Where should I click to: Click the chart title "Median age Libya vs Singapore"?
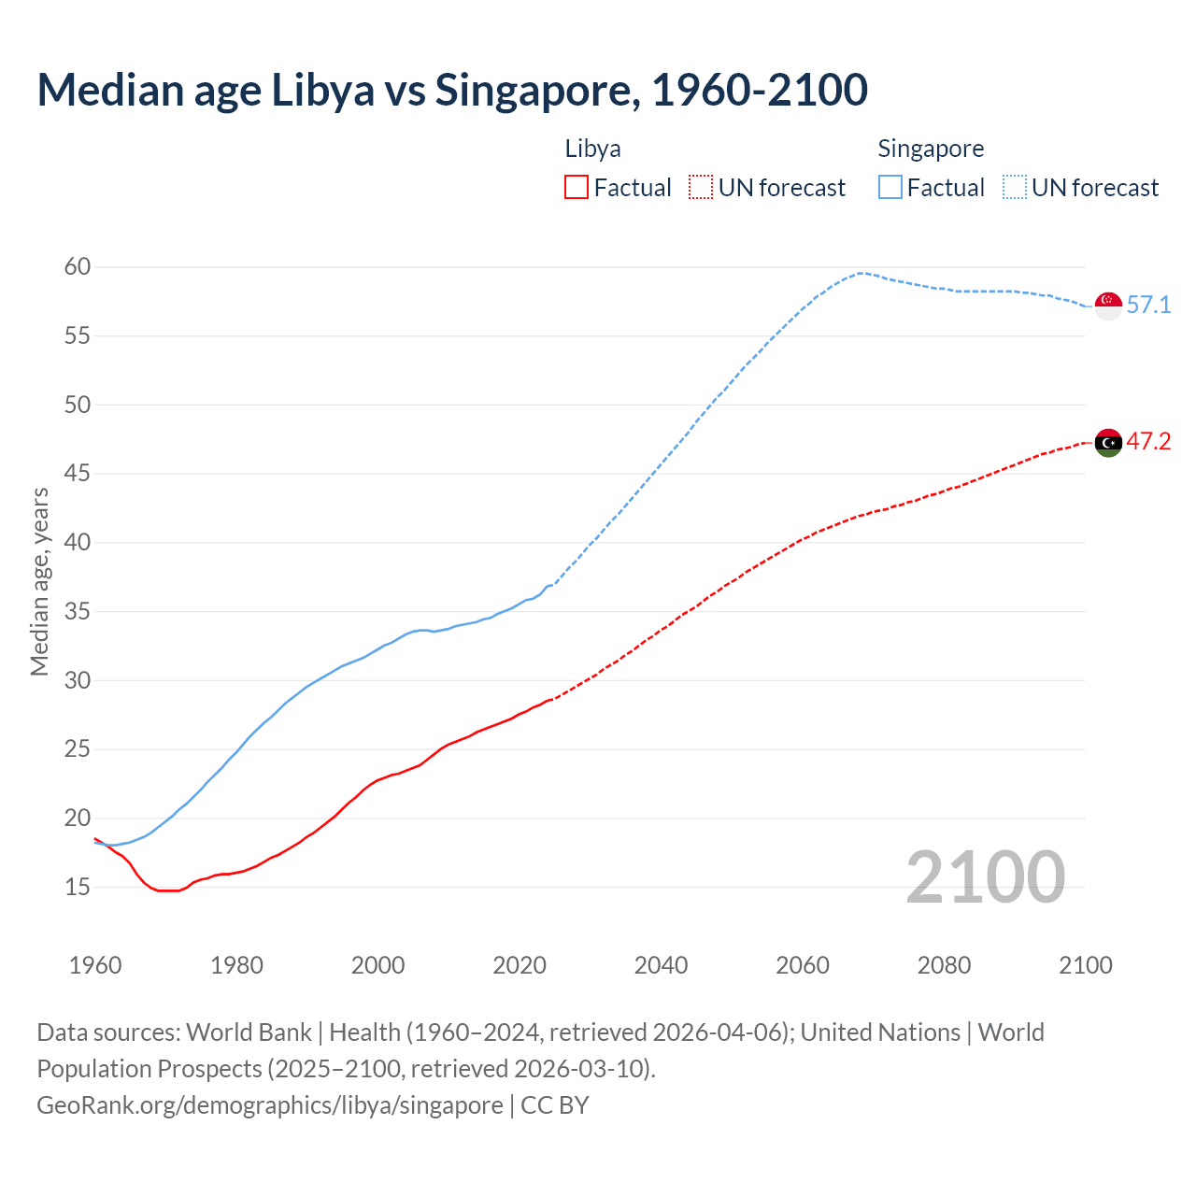[452, 90]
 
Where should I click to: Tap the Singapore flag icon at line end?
[1108, 306]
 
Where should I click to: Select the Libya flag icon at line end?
[1108, 442]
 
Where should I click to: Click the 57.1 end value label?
[1148, 306]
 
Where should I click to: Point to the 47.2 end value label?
[1148, 442]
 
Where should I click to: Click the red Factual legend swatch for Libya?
[577, 188]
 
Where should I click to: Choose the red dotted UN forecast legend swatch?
[701, 188]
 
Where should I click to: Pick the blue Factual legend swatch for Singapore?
[890, 188]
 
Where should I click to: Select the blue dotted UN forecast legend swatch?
[1015, 188]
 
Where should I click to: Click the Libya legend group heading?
[592, 149]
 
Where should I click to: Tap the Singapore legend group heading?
[931, 149]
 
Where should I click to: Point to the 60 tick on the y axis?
[78, 267]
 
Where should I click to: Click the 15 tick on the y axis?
[78, 887]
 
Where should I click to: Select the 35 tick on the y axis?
[78, 612]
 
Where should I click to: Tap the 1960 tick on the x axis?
[95, 965]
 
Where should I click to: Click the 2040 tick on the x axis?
[661, 965]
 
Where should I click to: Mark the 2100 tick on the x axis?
[1086, 965]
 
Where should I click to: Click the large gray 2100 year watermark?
[986, 876]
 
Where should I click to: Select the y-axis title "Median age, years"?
[39, 581]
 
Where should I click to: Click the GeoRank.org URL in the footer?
[270, 1105]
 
